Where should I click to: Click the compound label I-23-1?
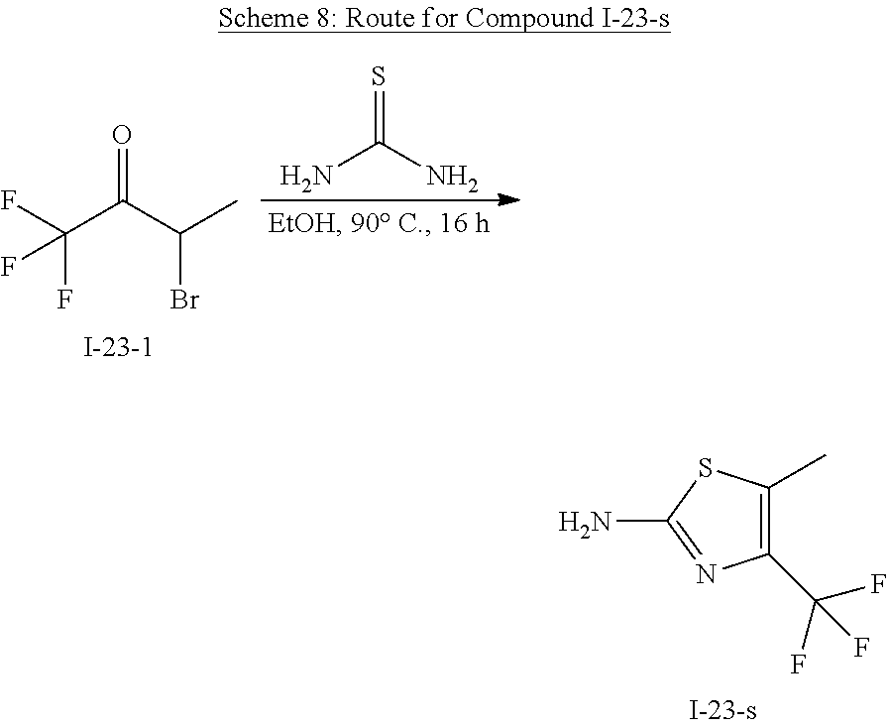coord(118,349)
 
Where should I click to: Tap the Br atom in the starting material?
coord(184,299)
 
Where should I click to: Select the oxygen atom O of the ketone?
coord(122,135)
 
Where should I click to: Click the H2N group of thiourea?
coord(305,179)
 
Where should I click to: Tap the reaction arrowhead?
coord(509,200)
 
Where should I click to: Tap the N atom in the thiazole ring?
coord(706,574)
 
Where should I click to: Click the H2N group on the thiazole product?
coord(584,522)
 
